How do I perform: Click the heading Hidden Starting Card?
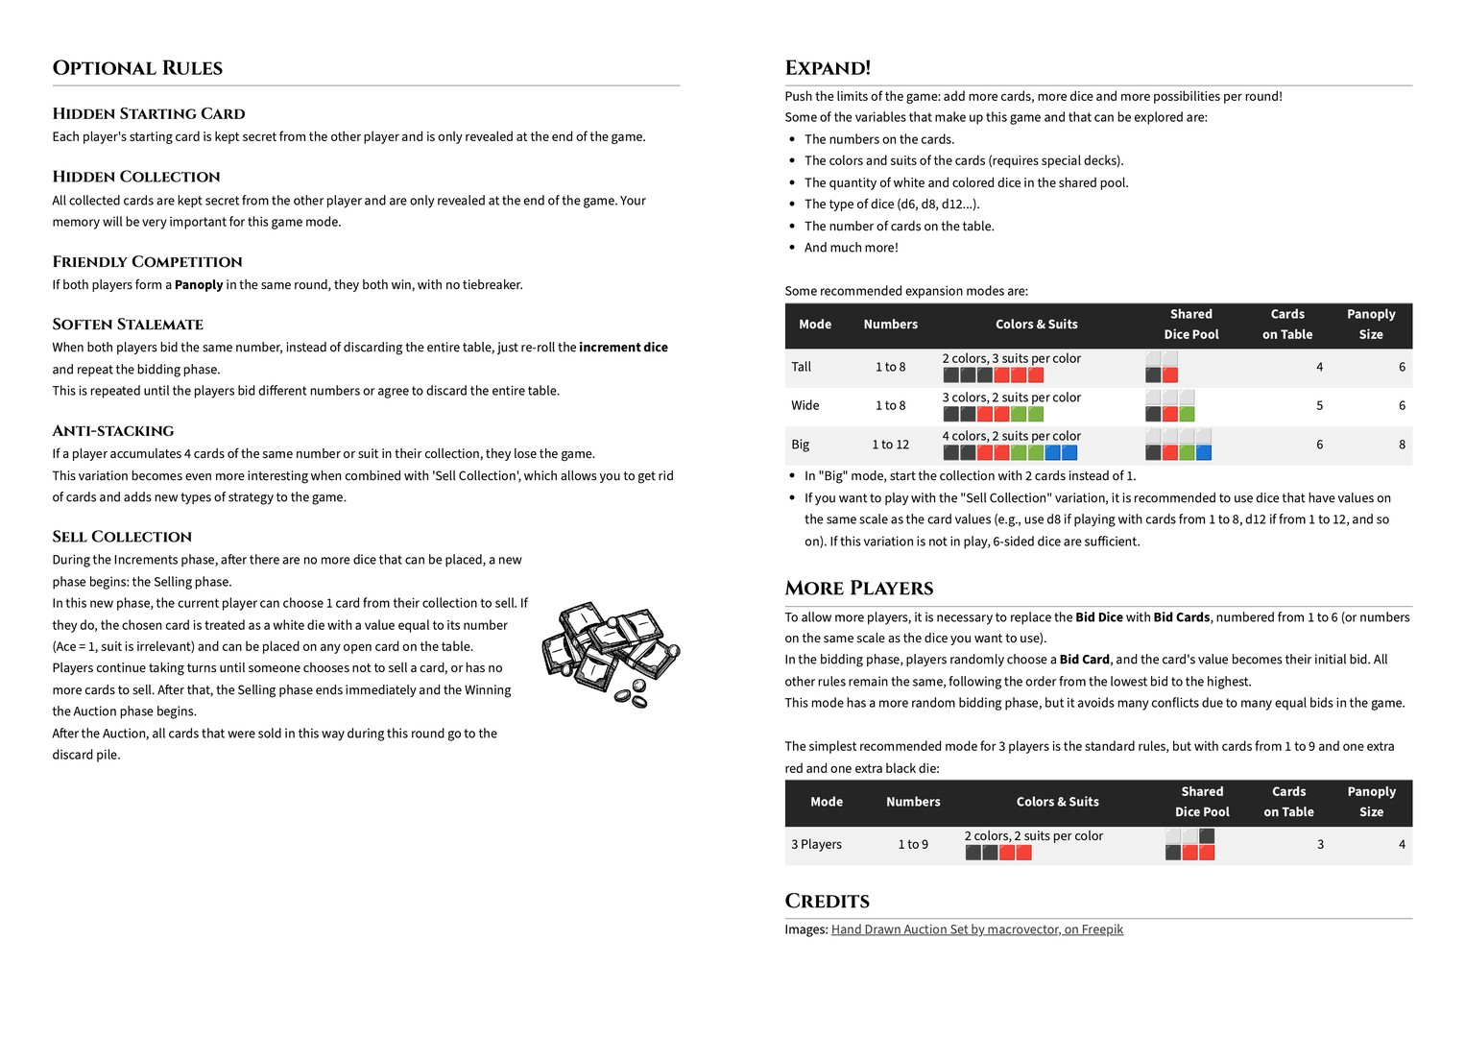point(149,113)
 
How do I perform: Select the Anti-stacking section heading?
point(113,430)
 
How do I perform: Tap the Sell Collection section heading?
point(122,536)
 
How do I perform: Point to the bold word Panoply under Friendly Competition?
point(199,284)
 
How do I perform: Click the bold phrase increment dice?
point(623,347)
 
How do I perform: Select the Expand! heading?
point(828,68)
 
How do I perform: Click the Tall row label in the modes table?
point(801,367)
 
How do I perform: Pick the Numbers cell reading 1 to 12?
point(890,444)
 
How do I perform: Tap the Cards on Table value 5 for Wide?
point(1319,405)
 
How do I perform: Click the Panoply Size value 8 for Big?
point(1402,444)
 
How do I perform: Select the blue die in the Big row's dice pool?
point(1203,452)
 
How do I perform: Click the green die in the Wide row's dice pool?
point(1187,414)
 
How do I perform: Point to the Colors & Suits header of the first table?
point(1036,325)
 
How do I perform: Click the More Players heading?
point(858,588)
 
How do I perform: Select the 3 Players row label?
point(816,844)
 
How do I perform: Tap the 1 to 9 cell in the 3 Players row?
point(913,844)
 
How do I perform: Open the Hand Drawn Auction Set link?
point(976,928)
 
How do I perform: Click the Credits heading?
point(827,901)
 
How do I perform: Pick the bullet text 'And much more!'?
point(851,247)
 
